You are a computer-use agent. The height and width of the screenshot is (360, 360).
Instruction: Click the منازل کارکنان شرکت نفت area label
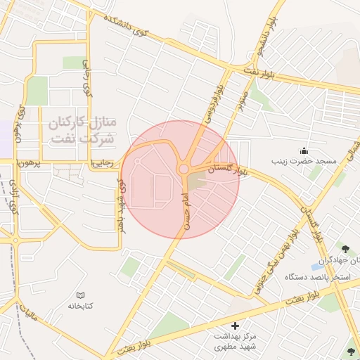tap(82, 129)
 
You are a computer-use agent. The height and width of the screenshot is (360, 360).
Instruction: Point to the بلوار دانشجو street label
tap(271, 39)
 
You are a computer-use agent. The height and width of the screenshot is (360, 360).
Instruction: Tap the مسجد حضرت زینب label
tap(306, 162)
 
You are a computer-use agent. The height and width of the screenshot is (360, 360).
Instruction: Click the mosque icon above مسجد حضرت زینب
tap(304, 150)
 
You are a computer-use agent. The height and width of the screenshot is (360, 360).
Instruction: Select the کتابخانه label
tap(81, 307)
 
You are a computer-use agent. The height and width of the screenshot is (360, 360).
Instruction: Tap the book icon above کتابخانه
tap(81, 295)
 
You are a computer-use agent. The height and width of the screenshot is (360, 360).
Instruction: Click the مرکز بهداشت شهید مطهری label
tap(235, 342)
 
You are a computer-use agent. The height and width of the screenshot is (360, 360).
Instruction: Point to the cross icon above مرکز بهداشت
tap(235, 326)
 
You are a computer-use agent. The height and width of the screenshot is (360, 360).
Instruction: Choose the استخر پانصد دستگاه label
tap(313, 277)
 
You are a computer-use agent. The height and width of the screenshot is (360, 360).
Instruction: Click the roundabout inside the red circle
tap(184, 169)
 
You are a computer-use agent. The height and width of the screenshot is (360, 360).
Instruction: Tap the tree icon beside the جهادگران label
tap(345, 248)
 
